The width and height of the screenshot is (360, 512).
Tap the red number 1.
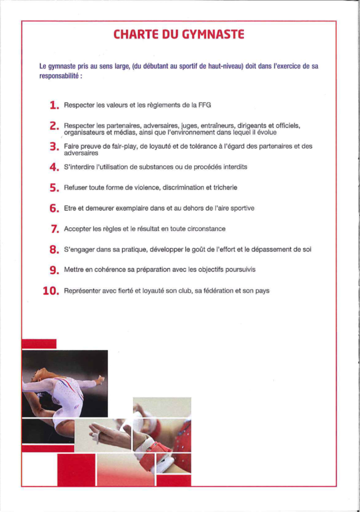point(54,105)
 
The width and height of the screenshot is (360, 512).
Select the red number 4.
point(54,167)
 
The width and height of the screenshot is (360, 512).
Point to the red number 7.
point(55,229)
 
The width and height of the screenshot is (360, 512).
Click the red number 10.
point(51,291)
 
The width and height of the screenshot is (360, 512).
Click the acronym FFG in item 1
point(205,105)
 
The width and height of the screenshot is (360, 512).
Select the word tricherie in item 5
point(225,187)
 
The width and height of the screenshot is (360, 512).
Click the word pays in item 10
point(262,291)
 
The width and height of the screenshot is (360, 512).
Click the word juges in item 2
point(189,126)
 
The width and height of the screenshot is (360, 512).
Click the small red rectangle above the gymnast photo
point(39,344)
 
